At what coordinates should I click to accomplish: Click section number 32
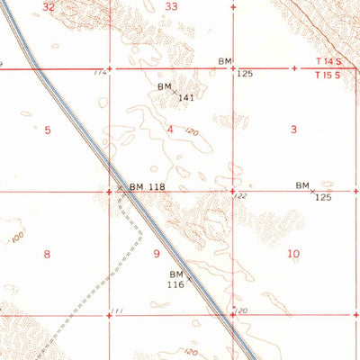click(49, 6)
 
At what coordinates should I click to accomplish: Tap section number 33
click(171, 6)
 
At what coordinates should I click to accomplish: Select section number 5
click(47, 130)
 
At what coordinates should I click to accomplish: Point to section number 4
click(170, 130)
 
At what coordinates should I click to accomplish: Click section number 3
click(293, 130)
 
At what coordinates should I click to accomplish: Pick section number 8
click(47, 254)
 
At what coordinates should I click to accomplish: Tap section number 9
click(157, 254)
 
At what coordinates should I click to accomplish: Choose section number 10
click(293, 254)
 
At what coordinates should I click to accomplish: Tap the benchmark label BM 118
click(147, 187)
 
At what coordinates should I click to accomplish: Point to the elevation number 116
click(175, 283)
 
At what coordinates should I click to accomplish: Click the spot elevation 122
click(242, 195)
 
